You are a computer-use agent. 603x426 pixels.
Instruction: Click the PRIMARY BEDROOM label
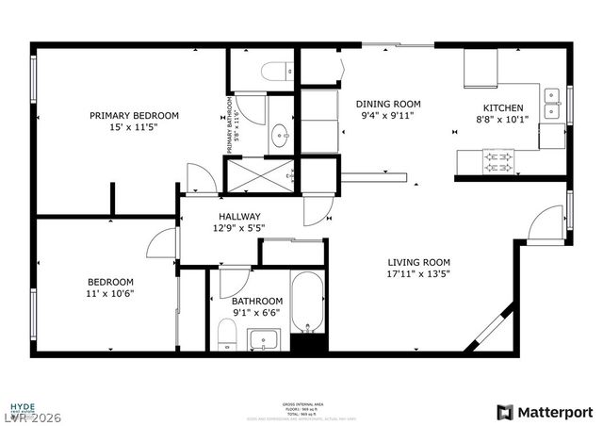click(134, 116)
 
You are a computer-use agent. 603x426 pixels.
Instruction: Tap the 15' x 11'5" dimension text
click(134, 128)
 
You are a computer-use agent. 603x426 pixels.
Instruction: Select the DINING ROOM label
click(387, 104)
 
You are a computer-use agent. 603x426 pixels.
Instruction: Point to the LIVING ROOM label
click(418, 263)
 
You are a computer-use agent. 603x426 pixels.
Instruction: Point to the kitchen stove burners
click(496, 162)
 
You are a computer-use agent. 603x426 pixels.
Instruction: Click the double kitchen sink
click(554, 106)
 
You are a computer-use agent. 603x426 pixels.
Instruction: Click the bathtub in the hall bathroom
click(307, 304)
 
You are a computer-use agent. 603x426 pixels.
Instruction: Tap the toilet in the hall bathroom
click(226, 333)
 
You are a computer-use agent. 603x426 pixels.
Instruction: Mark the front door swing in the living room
click(545, 226)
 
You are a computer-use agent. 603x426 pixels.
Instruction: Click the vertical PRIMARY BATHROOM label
click(228, 124)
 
